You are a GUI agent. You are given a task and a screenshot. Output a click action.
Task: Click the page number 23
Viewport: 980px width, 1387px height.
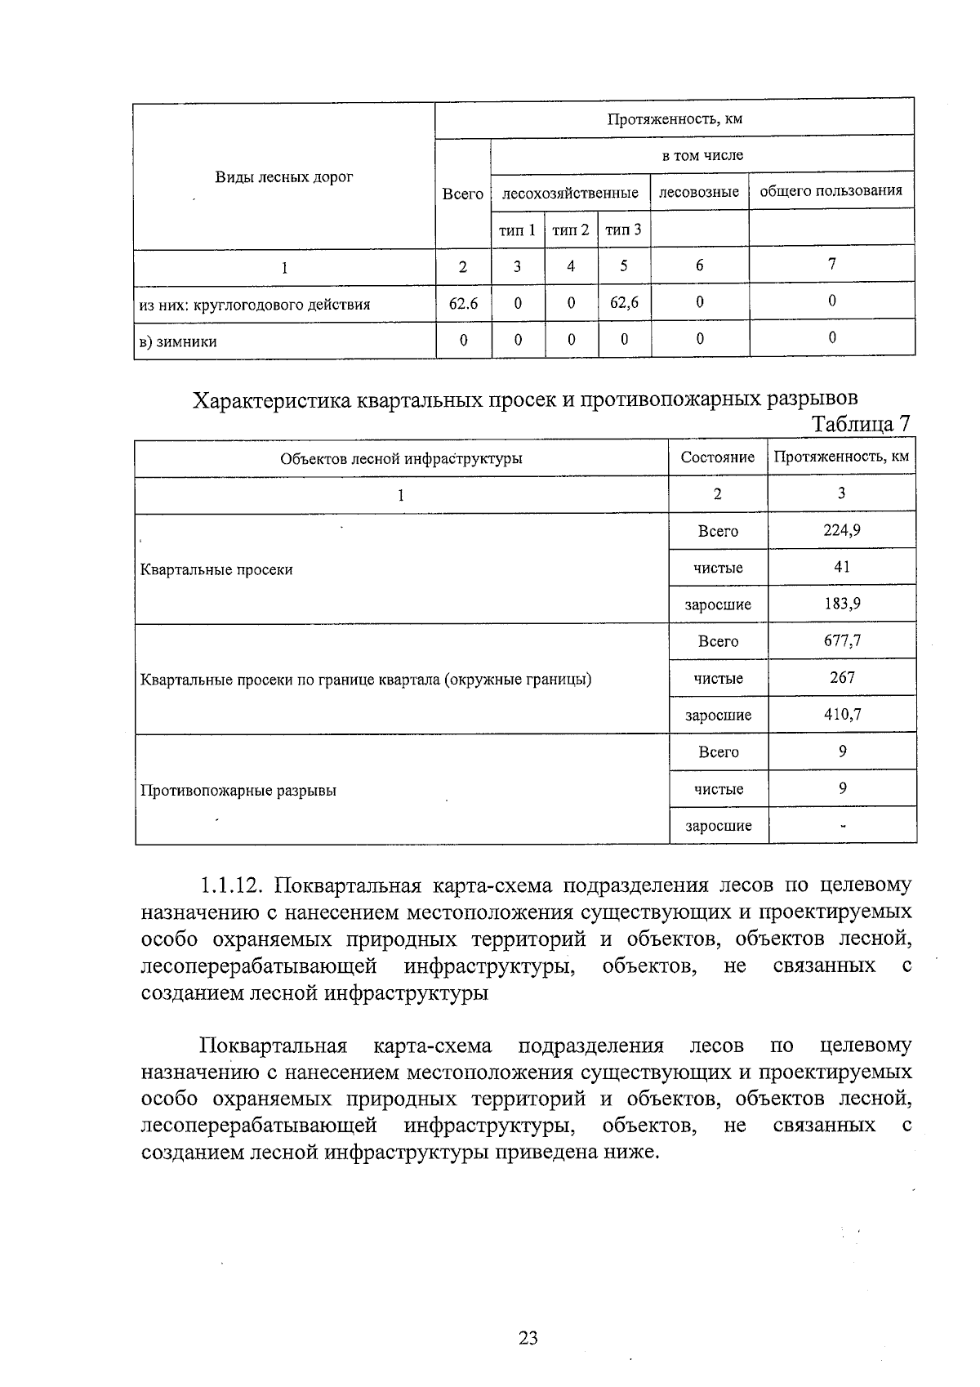pyautogui.click(x=528, y=1338)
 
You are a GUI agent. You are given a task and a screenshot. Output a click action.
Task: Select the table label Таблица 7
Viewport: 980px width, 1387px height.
pyautogui.click(x=859, y=425)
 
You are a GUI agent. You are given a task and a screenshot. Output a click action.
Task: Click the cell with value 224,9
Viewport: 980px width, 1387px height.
pyautogui.click(x=841, y=530)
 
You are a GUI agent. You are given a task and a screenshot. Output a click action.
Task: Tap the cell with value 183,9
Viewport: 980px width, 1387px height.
pyautogui.click(x=841, y=604)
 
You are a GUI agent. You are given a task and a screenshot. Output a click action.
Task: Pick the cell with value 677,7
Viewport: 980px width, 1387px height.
pyautogui.click(x=841, y=640)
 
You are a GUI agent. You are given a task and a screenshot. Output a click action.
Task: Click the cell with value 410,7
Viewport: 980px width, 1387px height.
pyautogui.click(x=841, y=714)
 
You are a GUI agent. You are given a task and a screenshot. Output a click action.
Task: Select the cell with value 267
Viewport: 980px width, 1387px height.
pyautogui.click(x=841, y=677)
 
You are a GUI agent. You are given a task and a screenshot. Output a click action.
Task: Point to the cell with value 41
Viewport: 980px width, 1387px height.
pyautogui.click(x=841, y=567)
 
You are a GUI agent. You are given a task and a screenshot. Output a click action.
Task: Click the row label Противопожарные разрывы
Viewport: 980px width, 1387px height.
pyautogui.click(x=238, y=791)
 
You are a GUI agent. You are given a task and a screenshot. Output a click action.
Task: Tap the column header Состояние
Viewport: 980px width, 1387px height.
pyautogui.click(x=717, y=457)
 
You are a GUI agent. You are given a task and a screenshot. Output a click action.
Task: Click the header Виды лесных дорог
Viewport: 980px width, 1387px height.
pyautogui.click(x=284, y=177)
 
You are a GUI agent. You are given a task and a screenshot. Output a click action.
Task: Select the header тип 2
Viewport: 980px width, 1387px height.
pyautogui.click(x=570, y=230)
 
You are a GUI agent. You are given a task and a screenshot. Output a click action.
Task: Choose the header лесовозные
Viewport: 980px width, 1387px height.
pyautogui.click(x=699, y=192)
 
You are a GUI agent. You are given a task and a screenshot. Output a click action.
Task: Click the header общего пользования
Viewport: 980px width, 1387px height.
pyautogui.click(x=831, y=191)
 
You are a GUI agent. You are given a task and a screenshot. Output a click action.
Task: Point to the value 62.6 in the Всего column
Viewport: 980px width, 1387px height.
pyautogui.click(x=463, y=304)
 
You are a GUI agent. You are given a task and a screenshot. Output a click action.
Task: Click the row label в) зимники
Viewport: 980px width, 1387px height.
pyautogui.click(x=178, y=342)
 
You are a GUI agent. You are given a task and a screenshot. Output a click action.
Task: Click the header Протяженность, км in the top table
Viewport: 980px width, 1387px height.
pyautogui.click(x=674, y=119)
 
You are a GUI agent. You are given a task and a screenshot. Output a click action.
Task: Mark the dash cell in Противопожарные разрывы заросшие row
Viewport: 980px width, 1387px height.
pyautogui.click(x=842, y=825)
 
